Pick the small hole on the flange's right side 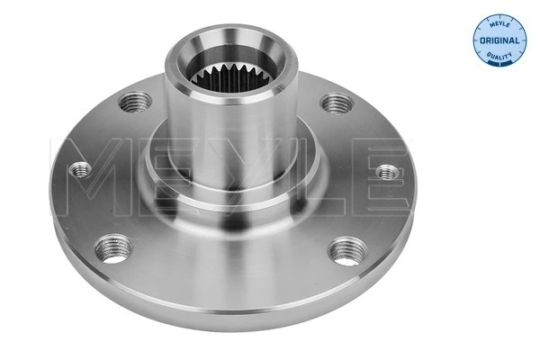point(387,170)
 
